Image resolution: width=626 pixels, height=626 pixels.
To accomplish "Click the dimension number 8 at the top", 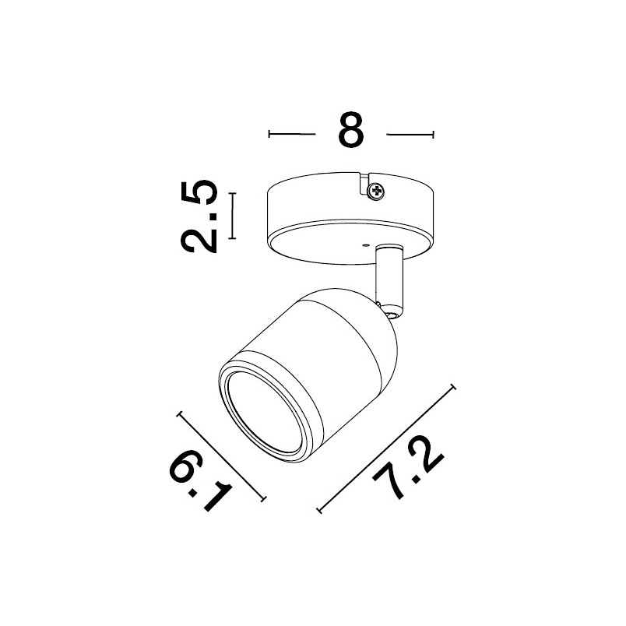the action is (x=351, y=130).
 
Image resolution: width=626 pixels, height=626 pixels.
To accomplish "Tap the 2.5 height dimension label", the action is (x=199, y=216).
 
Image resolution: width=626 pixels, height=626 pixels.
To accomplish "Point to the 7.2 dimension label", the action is (x=408, y=468).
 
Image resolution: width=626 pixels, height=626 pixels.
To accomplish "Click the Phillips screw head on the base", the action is (x=377, y=192).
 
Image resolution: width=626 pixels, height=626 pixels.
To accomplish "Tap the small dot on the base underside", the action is (x=364, y=245).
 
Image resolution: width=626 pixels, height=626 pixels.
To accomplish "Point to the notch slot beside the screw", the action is (x=364, y=184).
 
